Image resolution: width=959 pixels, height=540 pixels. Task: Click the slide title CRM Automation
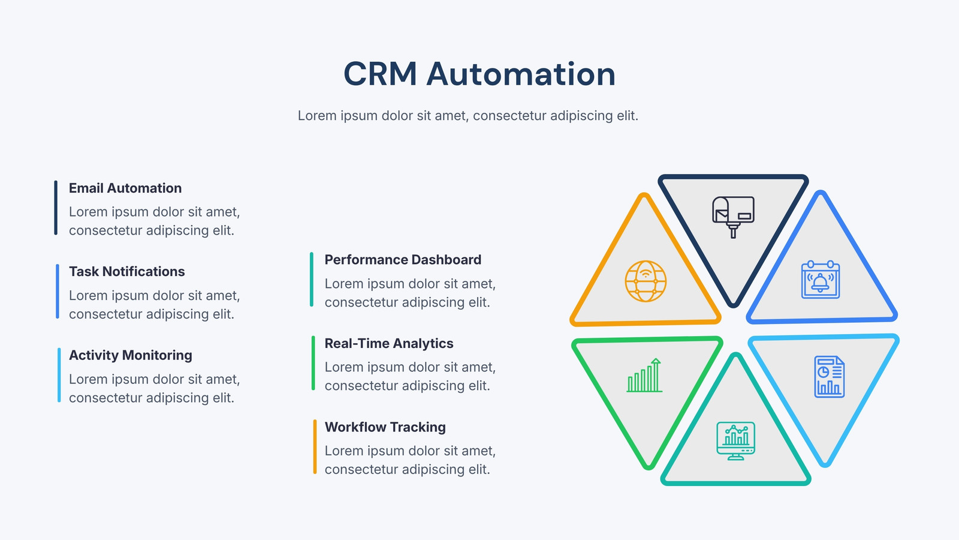coord(479,74)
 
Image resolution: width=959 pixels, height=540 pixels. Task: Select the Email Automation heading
coord(125,188)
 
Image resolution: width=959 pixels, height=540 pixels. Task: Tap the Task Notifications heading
coord(126,271)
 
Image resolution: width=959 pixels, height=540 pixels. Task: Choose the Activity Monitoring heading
coord(131,355)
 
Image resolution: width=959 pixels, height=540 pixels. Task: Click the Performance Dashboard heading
coord(403,260)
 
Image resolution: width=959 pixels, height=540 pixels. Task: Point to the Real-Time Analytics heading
coord(389,343)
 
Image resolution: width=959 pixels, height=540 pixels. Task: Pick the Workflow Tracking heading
coord(385,427)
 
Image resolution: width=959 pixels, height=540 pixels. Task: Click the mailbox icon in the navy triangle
coord(733,217)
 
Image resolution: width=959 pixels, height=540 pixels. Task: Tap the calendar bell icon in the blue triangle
coord(821,279)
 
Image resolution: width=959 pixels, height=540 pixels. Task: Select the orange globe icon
coord(646,281)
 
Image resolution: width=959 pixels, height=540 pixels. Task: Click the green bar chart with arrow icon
coord(644,375)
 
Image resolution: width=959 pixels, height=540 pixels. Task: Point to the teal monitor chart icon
coord(735,441)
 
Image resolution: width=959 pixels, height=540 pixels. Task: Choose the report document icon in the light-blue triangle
coord(830,377)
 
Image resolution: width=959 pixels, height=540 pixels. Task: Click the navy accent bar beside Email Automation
coord(56,208)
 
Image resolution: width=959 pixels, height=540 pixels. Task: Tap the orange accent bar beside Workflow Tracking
coord(315,446)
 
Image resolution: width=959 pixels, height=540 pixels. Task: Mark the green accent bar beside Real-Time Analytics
coord(313,363)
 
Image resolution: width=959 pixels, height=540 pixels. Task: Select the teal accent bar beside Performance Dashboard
coord(312,280)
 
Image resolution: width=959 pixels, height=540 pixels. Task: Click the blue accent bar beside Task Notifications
coord(58,292)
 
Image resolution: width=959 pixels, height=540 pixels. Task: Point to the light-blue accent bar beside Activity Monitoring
coord(59,375)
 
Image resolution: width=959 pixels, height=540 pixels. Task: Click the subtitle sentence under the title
coord(468,116)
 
